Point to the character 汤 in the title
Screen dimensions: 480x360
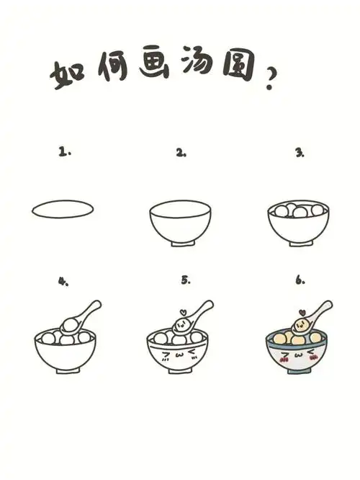pyautogui.click(x=210, y=68)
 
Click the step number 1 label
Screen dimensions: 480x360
pyautogui.click(x=65, y=152)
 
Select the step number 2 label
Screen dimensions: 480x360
pyautogui.click(x=181, y=153)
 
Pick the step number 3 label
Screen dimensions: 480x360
pyautogui.click(x=299, y=153)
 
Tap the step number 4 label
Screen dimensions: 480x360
pyautogui.click(x=63, y=281)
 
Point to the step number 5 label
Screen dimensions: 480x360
pyautogui.click(x=185, y=280)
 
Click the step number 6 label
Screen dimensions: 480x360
pyautogui.click(x=300, y=280)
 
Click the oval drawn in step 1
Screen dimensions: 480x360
pyautogui.click(x=63, y=209)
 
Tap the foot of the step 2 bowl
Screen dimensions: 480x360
pyautogui.click(x=181, y=248)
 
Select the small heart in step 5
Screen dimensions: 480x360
pyautogui.click(x=182, y=312)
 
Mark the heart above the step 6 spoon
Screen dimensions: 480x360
pyautogui.click(x=303, y=312)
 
